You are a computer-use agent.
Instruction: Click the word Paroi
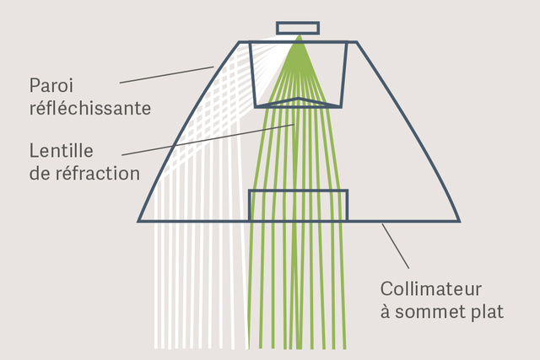[51, 85]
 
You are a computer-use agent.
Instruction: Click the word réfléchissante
[90, 108]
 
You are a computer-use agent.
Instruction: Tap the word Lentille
[62, 151]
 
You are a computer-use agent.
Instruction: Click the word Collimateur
[431, 288]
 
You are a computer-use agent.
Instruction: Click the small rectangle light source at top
[298, 28]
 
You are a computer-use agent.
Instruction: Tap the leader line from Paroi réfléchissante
[167, 75]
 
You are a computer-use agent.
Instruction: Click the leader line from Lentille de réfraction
[208, 140]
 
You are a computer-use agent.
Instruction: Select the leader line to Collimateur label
[396, 245]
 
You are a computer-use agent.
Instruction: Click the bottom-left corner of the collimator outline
[138, 221]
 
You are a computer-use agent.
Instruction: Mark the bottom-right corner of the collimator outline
[460, 221]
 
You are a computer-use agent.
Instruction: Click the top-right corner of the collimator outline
[357, 42]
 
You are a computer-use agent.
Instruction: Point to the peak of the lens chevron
[299, 99]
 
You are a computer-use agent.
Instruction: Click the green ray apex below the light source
[299, 35]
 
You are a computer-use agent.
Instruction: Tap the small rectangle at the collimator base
[298, 205]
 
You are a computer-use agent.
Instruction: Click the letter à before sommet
[386, 311]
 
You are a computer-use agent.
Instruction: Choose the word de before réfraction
[40, 173]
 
